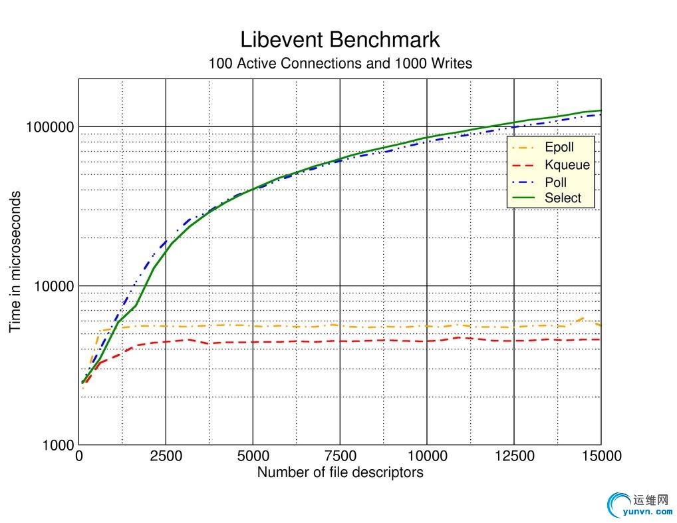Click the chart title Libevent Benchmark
pyautogui.click(x=340, y=39)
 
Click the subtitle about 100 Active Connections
pyautogui.click(x=340, y=64)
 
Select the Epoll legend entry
pyautogui.click(x=559, y=148)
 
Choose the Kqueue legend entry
pyautogui.click(x=567, y=165)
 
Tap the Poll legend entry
pyautogui.click(x=555, y=182)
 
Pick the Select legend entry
pyautogui.click(x=563, y=198)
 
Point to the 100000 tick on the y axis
pyautogui.click(x=50, y=127)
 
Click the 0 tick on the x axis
pyautogui.click(x=79, y=456)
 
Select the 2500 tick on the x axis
pyautogui.click(x=166, y=456)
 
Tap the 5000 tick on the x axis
pyautogui.click(x=253, y=456)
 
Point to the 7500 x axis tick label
pyautogui.click(x=340, y=456)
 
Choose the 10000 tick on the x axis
pyautogui.click(x=427, y=456)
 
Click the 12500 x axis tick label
pyautogui.click(x=514, y=456)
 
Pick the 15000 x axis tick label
pyautogui.click(x=601, y=456)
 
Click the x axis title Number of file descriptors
pyautogui.click(x=340, y=473)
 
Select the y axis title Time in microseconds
pyautogui.click(x=15, y=261)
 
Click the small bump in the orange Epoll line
pyautogui.click(x=583, y=319)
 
